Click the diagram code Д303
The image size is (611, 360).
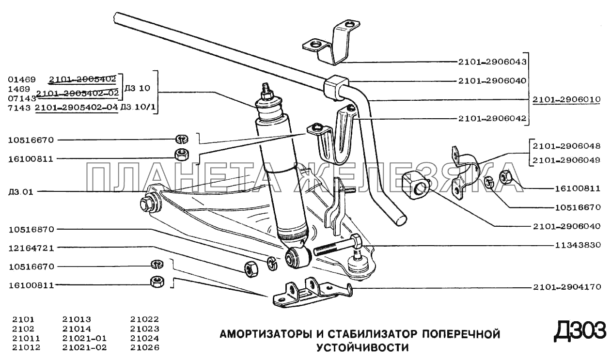pyautogui.click(x=580, y=331)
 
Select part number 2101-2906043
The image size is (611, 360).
pyautogui.click(x=492, y=62)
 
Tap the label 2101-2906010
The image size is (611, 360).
pyautogui.click(x=566, y=99)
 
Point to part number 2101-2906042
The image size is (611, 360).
pyautogui.click(x=492, y=118)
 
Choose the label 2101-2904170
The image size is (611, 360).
pyautogui.click(x=566, y=287)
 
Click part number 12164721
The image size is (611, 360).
pyautogui.click(x=31, y=248)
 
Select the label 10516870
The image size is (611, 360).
pyautogui.click(x=31, y=229)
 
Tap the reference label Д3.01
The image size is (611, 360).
pyautogui.click(x=20, y=192)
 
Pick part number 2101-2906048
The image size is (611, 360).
pyautogui.click(x=566, y=146)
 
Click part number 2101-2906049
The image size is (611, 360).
pyautogui.click(x=566, y=160)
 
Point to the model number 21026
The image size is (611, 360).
pyautogui.click(x=144, y=347)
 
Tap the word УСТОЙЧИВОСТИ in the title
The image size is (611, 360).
pyautogui.click(x=362, y=347)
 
